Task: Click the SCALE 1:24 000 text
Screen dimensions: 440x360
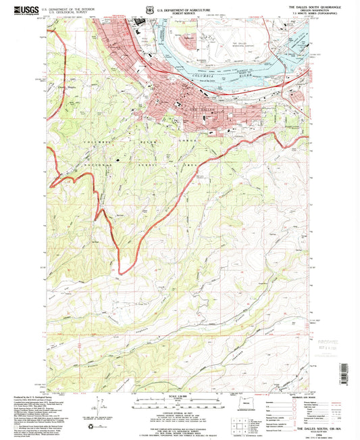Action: click(x=178, y=395)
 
